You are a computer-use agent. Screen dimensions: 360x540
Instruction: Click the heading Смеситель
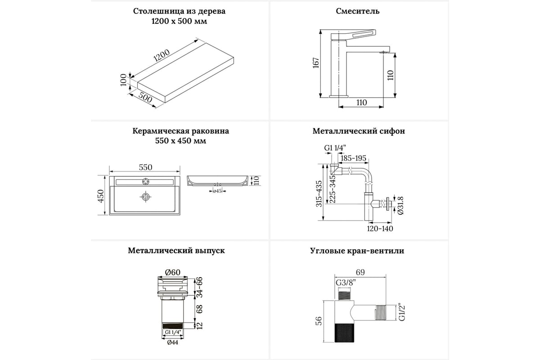(358, 11)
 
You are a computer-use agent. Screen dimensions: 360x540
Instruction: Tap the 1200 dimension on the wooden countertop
(161, 56)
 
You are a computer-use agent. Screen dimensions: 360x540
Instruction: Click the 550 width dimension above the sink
(145, 167)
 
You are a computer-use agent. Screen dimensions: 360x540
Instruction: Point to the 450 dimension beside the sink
(101, 195)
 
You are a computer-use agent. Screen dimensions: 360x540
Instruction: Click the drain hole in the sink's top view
(145, 197)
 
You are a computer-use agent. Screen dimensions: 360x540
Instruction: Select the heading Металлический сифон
(359, 131)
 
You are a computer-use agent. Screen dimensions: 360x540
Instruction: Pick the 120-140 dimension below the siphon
(380, 229)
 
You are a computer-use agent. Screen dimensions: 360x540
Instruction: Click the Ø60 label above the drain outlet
(172, 272)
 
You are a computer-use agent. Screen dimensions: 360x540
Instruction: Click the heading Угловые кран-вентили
(357, 251)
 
